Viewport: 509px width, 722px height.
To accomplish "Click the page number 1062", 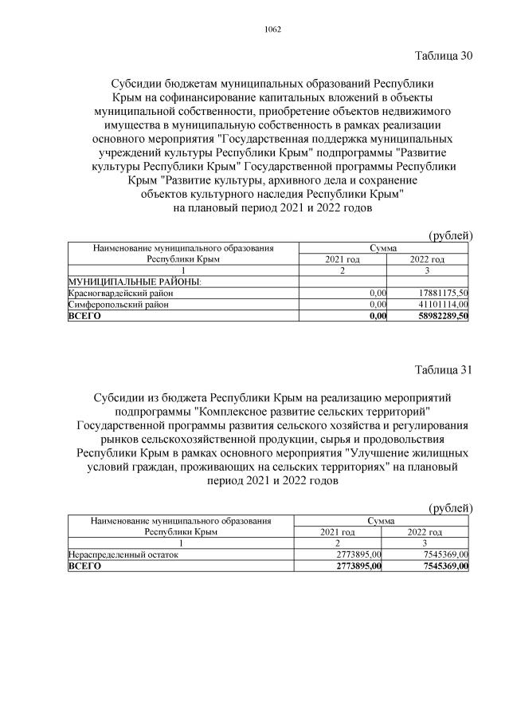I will (x=272, y=30).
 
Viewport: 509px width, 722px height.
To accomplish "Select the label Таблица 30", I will (x=444, y=56).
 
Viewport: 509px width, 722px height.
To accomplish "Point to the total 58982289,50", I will (x=440, y=316).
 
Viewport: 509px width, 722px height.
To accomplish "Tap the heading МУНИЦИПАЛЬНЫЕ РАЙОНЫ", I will (x=135, y=282).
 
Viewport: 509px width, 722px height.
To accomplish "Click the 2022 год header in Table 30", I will (x=427, y=260).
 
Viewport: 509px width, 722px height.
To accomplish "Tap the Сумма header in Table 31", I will (x=382, y=521).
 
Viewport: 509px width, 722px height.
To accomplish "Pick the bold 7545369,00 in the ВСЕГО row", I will (x=441, y=566).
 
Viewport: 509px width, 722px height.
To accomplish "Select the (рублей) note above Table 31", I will (x=450, y=507).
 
